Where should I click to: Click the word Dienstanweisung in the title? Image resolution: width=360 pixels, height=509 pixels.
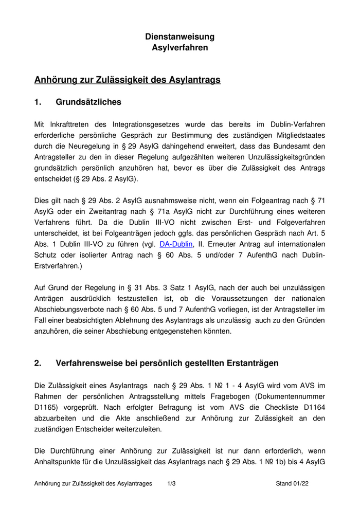click(179, 37)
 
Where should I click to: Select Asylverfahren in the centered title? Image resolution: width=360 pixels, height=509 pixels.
click(179, 48)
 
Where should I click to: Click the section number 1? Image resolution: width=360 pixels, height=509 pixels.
click(37, 102)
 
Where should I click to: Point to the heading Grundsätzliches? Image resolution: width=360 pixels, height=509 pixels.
click(88, 102)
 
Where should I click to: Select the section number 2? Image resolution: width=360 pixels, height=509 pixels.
click(37, 363)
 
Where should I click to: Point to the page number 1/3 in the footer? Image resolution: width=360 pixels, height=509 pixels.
click(172, 484)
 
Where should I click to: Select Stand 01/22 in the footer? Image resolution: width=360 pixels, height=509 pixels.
click(292, 484)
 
